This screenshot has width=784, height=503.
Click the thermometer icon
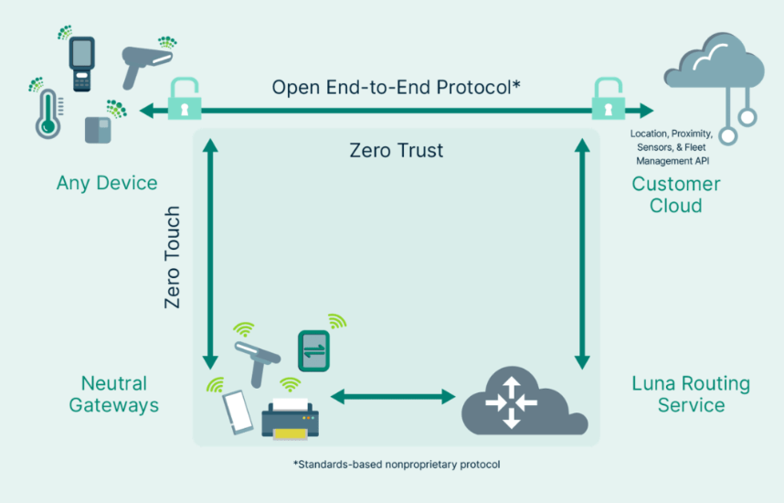(48, 114)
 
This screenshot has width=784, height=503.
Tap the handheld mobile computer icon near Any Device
(82, 64)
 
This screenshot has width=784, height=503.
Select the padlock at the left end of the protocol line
(185, 99)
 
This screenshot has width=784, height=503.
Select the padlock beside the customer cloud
(608, 99)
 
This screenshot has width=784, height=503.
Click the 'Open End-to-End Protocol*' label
(396, 87)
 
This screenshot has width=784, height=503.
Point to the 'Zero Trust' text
(396, 150)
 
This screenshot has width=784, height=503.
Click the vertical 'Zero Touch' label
(172, 257)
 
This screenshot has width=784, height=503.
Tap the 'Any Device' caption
(107, 183)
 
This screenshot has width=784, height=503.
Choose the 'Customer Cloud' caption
(676, 195)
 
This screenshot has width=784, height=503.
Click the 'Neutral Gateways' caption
(114, 394)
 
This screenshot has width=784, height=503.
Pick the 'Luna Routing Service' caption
(691, 394)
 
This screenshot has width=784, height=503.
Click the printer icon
(290, 419)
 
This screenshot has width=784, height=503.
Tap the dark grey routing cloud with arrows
(524, 402)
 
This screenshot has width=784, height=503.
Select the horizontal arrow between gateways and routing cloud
(393, 397)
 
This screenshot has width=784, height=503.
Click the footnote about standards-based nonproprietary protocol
(397, 465)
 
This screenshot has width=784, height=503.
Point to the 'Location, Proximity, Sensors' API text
(672, 147)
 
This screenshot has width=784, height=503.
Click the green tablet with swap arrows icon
(313, 351)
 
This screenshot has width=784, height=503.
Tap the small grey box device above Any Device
(98, 130)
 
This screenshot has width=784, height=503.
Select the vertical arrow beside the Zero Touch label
(210, 253)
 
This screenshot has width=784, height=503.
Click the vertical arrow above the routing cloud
(582, 253)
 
